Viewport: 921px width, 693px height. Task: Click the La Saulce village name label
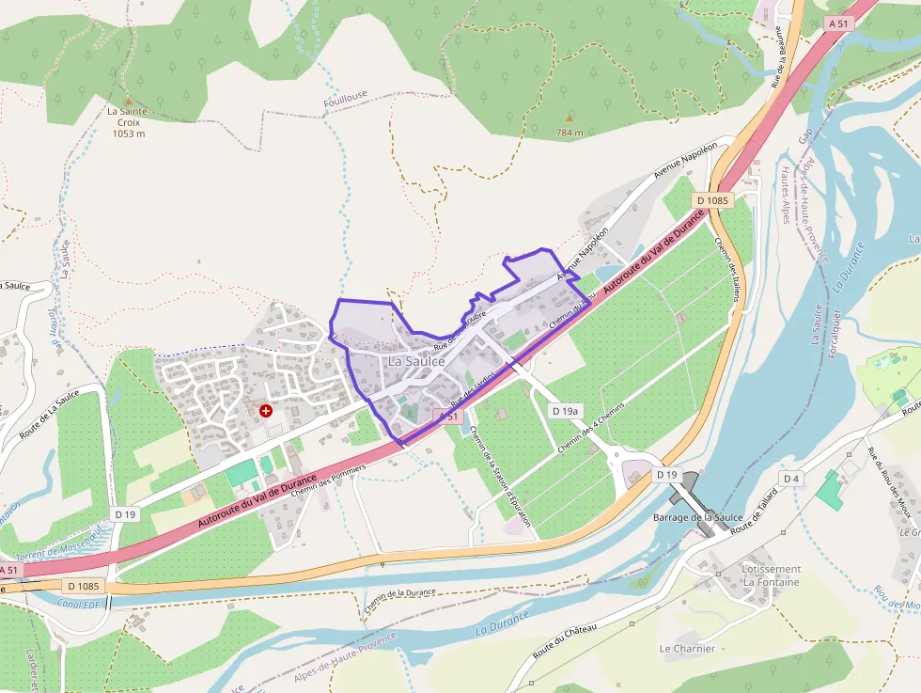coord(416,361)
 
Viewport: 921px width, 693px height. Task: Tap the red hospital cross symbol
coord(266,411)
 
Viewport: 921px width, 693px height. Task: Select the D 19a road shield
coord(566,411)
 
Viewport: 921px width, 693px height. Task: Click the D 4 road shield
coord(791,479)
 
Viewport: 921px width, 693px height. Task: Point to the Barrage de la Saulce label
coord(697,518)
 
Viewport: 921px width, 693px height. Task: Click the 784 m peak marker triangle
coord(569,118)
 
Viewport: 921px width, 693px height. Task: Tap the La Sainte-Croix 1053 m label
coord(128,122)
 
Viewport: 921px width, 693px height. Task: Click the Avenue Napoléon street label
coord(685,159)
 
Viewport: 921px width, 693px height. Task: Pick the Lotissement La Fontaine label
coord(771,575)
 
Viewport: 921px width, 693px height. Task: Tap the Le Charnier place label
coord(687,648)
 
